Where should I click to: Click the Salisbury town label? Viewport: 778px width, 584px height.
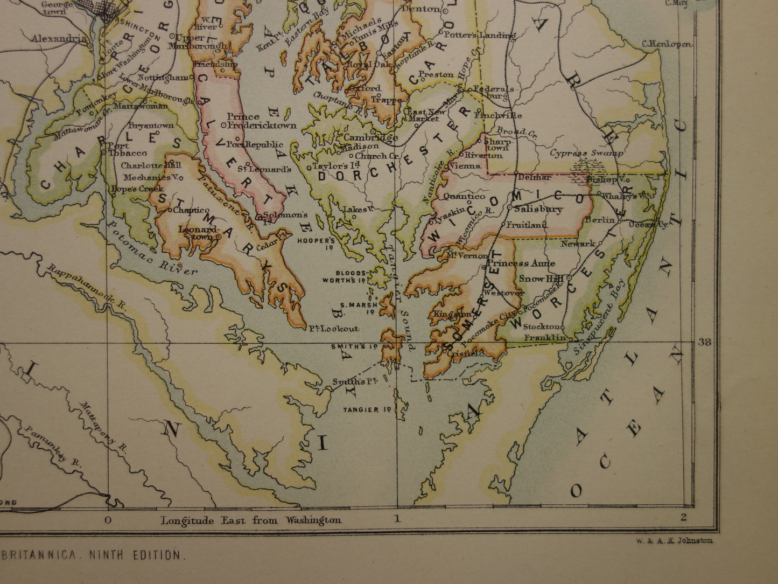531,209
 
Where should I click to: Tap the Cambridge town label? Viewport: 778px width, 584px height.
370,137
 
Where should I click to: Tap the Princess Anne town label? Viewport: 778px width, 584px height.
521,263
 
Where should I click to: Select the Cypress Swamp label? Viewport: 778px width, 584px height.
586,153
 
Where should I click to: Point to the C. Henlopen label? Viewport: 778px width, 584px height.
667,45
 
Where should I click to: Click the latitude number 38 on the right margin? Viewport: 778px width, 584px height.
704,342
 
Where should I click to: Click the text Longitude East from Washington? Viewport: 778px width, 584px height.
251,520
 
